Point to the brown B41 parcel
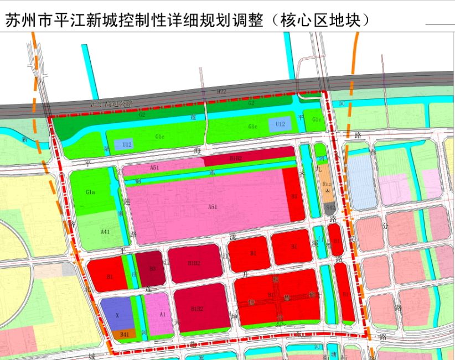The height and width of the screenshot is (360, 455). (124, 334)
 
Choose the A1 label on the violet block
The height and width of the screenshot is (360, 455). (162, 314)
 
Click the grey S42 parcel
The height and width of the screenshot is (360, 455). (330, 207)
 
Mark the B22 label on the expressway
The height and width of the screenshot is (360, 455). (221, 91)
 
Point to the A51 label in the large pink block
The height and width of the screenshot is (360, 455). (213, 206)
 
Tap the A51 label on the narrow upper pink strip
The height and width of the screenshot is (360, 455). (154, 167)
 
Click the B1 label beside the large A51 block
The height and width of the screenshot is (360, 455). (294, 196)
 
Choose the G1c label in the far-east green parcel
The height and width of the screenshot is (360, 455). (317, 120)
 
